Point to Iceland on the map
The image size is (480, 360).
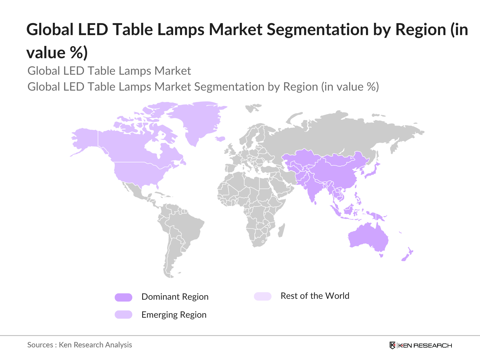pos(220,139)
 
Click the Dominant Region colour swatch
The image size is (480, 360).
pos(123,297)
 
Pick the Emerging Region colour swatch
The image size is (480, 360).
pos(123,315)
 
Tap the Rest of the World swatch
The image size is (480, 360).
pos(262,296)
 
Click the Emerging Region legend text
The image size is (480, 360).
pos(174,315)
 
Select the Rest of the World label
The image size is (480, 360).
pos(315,296)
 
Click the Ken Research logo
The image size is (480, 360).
pos(420,345)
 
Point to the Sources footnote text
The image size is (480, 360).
pos(79,345)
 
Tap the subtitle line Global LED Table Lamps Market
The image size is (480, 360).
pos(109,71)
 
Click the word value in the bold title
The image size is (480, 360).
pos(46,53)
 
